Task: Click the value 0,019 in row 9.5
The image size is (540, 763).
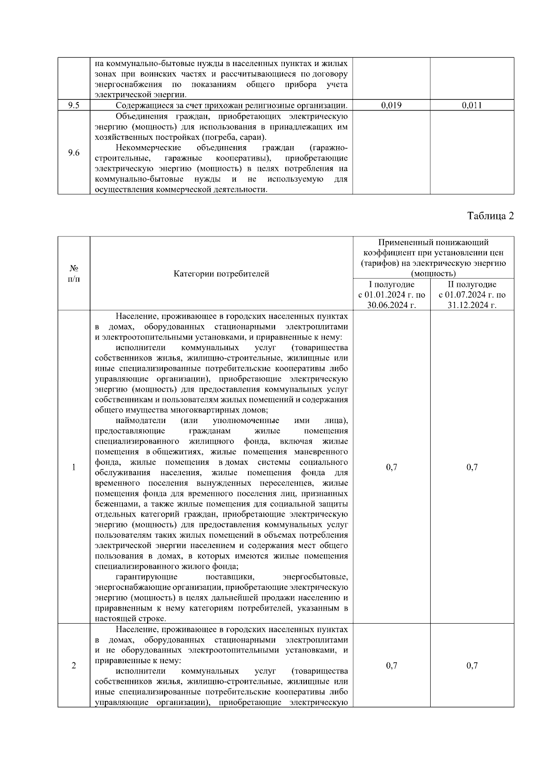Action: [391, 106]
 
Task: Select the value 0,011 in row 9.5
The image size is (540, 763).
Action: [472, 106]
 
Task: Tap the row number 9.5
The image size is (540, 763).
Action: [74, 106]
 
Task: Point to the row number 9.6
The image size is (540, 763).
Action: [74, 153]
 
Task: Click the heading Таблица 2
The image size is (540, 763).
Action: [490, 216]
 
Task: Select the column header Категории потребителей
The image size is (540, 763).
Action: [221, 273]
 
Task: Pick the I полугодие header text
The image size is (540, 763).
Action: [391, 285]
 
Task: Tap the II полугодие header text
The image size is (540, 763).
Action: [472, 285]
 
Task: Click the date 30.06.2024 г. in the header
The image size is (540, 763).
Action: [391, 305]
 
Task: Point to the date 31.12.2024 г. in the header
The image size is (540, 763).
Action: [472, 305]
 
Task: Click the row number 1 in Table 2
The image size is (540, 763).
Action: [74, 467]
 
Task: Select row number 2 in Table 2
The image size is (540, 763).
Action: [74, 666]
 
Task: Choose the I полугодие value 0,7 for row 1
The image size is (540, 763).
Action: [391, 467]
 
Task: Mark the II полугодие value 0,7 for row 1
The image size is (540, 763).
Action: [472, 467]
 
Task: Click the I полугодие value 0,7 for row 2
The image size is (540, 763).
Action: [391, 666]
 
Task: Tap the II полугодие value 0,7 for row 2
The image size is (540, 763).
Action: [472, 666]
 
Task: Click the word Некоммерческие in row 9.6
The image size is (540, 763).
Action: [148, 148]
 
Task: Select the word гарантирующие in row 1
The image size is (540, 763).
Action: [146, 577]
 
